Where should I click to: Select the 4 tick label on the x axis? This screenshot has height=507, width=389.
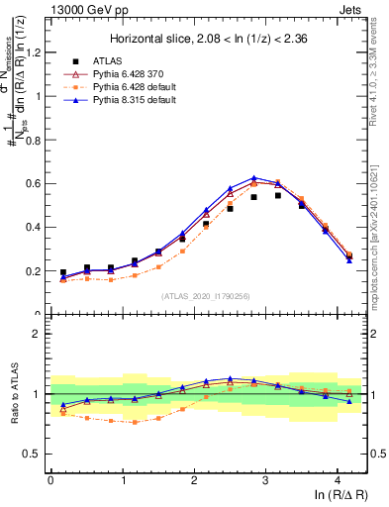click(x=338, y=480)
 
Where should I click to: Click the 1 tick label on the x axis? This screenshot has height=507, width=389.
click(x=122, y=480)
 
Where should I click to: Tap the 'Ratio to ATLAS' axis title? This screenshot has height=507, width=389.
click(x=12, y=396)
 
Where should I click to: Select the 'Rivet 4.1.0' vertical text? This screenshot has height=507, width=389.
click(x=378, y=59)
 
